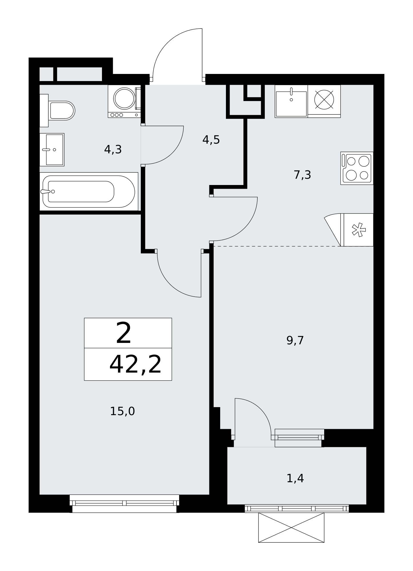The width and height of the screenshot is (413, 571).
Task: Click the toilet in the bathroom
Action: [x=57, y=110]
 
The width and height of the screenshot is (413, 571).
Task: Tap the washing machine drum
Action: [x=124, y=98]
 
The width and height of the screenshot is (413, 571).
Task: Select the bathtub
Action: [x=89, y=191]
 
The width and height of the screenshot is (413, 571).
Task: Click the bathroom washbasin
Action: [x=52, y=150]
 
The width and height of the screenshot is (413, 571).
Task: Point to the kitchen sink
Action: [x=291, y=101]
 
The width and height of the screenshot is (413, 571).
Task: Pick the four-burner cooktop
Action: [x=357, y=168]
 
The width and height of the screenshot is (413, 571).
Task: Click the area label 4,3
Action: [x=113, y=149]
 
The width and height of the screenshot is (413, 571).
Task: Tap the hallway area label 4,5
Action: [x=211, y=140]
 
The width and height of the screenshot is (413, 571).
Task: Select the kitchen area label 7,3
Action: [x=302, y=175]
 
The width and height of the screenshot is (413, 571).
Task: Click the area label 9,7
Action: [x=295, y=341]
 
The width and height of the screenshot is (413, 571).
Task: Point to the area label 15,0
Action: [x=122, y=411]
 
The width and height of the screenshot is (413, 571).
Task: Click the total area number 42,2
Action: [x=135, y=365]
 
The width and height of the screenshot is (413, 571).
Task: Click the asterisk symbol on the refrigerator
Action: [x=358, y=230]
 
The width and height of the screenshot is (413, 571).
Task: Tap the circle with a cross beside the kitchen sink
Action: [x=324, y=100]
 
